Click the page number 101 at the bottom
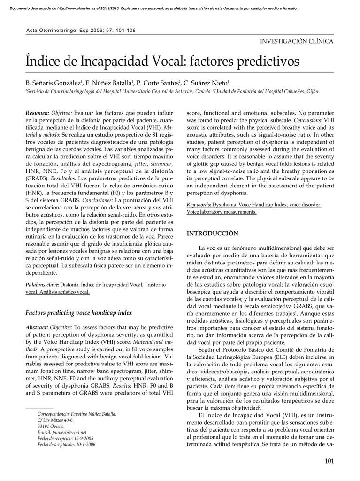[329, 461]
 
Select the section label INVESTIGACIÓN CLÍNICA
[297, 41]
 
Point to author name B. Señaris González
[54, 83]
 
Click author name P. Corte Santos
[158, 83]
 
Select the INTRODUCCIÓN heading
[213, 233]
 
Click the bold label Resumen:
[37, 113]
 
